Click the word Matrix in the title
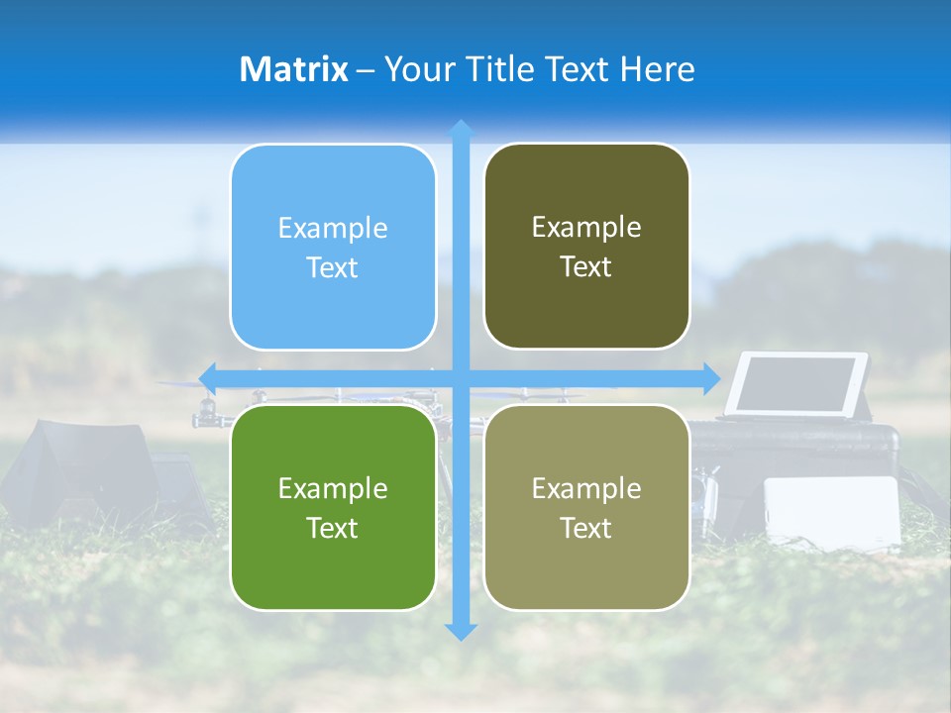(x=294, y=69)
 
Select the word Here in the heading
(x=658, y=69)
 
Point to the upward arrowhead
(x=461, y=129)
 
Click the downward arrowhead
(x=461, y=631)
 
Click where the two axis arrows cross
(x=461, y=378)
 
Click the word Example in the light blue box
(x=333, y=229)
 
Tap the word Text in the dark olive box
(x=586, y=267)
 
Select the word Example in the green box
(x=333, y=488)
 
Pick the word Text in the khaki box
(x=586, y=528)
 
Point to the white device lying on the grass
(x=832, y=511)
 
